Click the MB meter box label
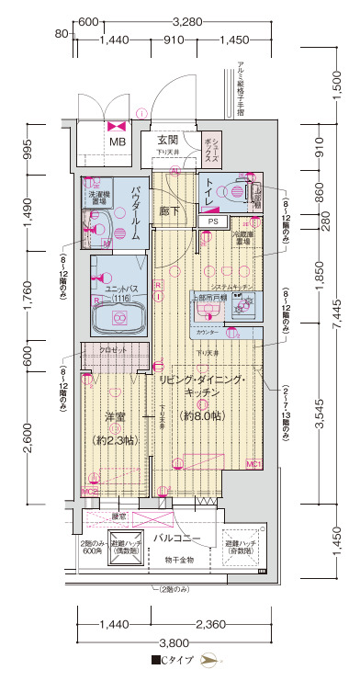coord(119,142)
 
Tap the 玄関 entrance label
coord(166,140)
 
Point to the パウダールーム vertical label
coord(135,212)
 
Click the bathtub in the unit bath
coord(118,318)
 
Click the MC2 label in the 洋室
coord(90,493)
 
